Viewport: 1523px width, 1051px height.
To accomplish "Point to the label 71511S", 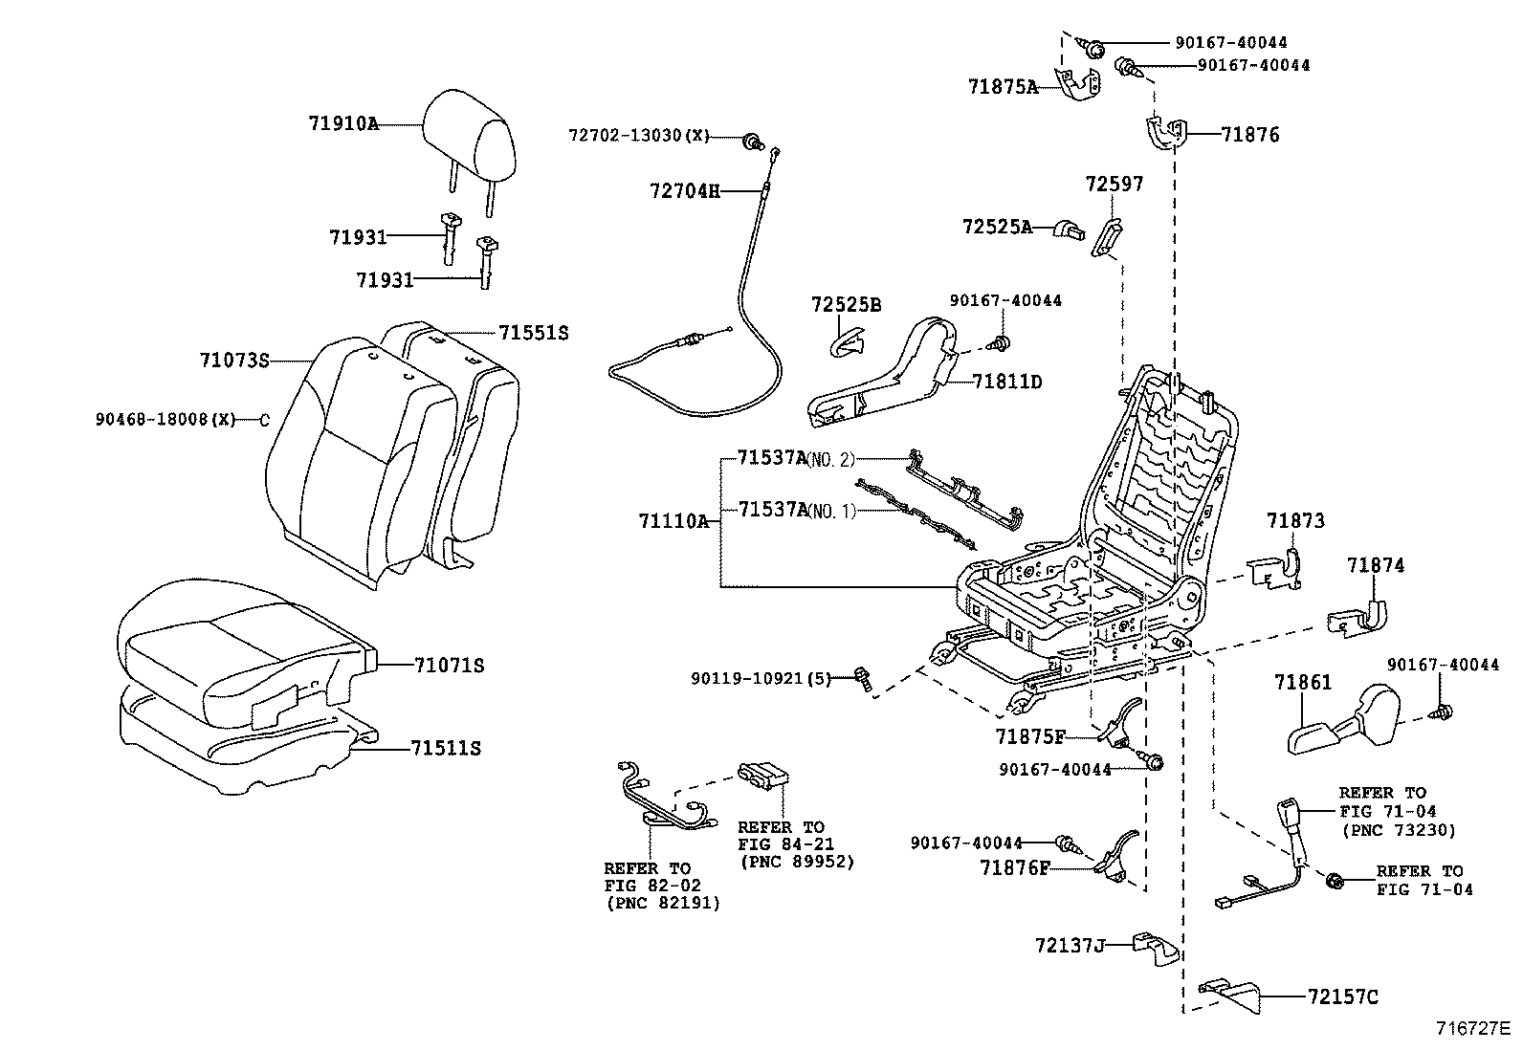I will pyautogui.click(x=446, y=748).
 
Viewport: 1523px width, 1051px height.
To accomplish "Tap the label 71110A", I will pyautogui.click(x=673, y=521).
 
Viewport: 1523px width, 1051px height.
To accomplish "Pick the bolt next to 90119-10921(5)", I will pyautogui.click(x=862, y=679).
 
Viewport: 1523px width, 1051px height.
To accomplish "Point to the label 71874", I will pyautogui.click(x=1376, y=565).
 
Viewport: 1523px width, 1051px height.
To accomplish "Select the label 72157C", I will pyautogui.click(x=1343, y=997).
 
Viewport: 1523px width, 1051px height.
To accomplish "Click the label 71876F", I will pyautogui.click(x=1014, y=868).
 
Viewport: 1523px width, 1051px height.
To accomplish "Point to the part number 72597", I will pyautogui.click(x=1115, y=184).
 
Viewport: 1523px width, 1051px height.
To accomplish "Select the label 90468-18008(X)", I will pyautogui.click(x=165, y=419).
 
